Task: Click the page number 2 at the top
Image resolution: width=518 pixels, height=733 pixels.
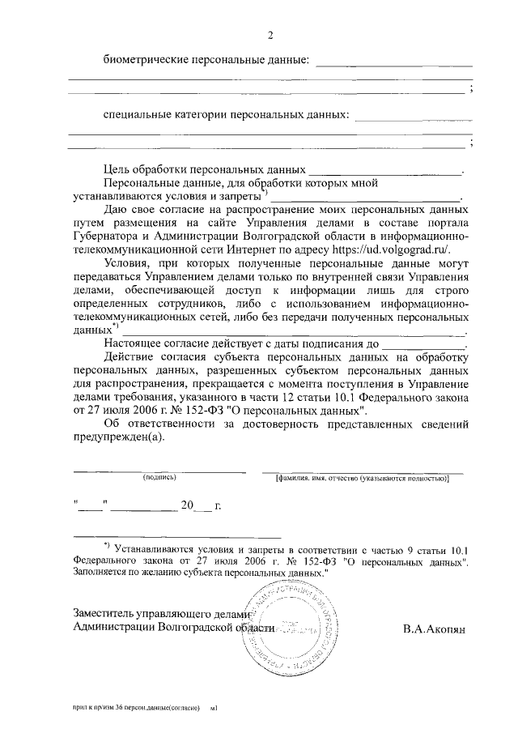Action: point(271,34)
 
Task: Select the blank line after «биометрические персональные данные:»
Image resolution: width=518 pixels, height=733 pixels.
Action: point(393,65)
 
